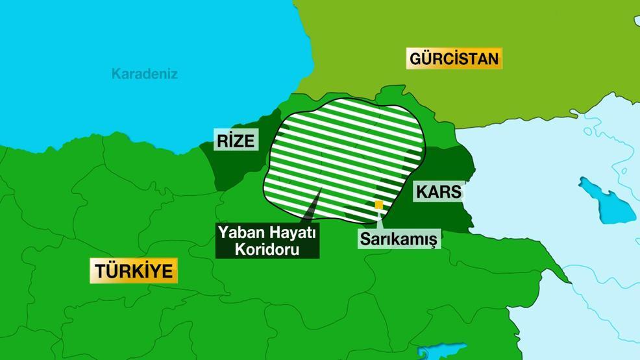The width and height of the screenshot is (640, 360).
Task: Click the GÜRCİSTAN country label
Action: (x=454, y=59)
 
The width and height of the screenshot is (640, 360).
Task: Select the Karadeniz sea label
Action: (x=144, y=74)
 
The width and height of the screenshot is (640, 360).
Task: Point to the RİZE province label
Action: (x=237, y=141)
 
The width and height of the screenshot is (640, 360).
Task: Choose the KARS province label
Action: (x=438, y=192)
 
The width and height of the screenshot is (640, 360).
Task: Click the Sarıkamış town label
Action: (x=399, y=238)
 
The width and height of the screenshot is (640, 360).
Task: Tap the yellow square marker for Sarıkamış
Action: (x=378, y=205)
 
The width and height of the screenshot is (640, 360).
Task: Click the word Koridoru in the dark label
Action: (x=268, y=248)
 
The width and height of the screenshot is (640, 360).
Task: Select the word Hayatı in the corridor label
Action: (x=291, y=232)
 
